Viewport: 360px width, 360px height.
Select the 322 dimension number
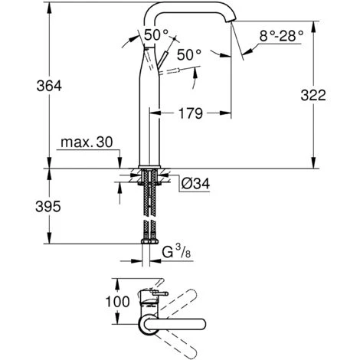(x=335, y=95)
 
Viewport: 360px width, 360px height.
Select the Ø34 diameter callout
(x=195, y=184)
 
